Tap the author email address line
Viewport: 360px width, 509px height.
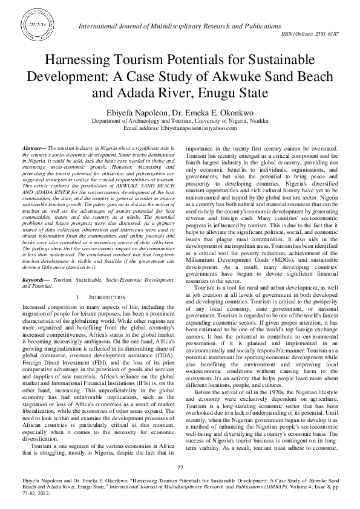179,128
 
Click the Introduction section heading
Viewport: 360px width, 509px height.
94,298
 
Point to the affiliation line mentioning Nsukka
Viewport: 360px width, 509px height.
180,120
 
